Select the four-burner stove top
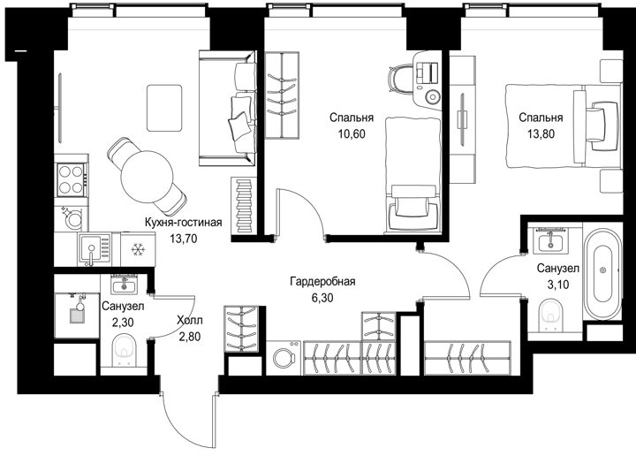pos(72,180)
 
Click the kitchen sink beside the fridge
pos(95,249)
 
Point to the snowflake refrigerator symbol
pos(138,249)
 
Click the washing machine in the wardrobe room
pos(284,358)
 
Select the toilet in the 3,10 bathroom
pos(551,315)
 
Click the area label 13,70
pos(184,239)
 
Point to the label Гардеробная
pos(322,281)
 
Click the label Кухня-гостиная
pos(184,223)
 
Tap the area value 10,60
pos(352,133)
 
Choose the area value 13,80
pos(541,133)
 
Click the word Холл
pos(190,321)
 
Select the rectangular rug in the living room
pos(164,108)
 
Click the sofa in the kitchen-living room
pos(228,108)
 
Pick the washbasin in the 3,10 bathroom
pos(550,242)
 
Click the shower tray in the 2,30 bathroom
pos(77,315)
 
